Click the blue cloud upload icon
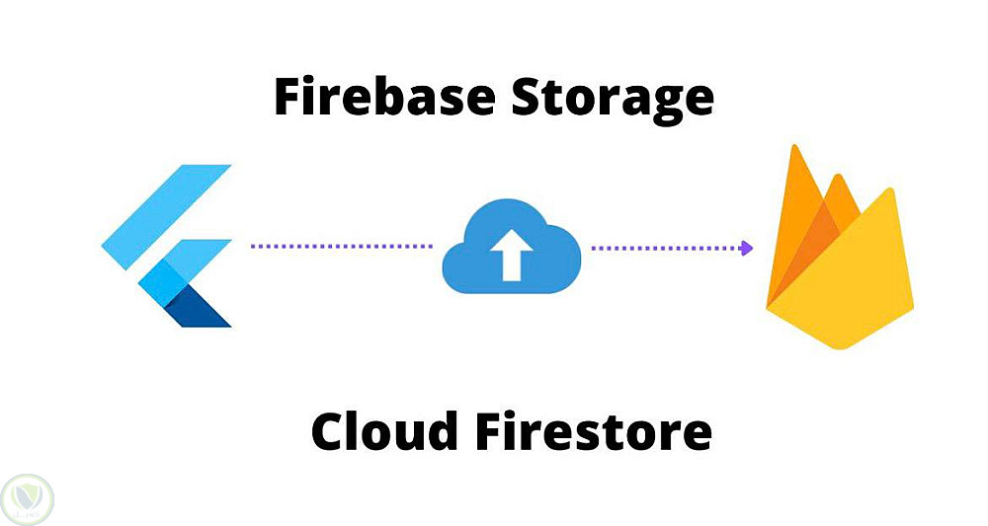point(511,250)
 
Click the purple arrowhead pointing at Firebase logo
point(747,248)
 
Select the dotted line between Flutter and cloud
point(341,246)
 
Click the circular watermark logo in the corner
point(28,499)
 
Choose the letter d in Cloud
point(441,431)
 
